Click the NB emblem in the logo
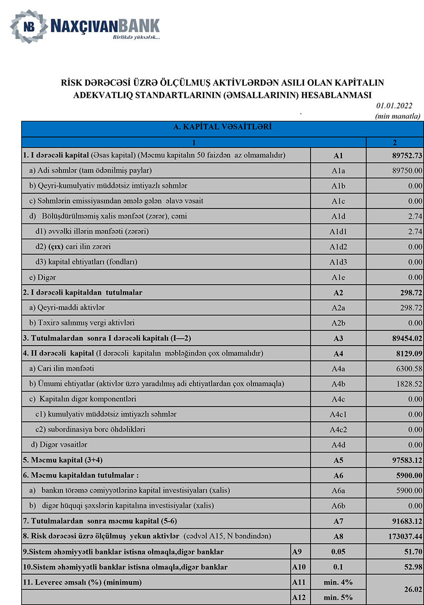[28, 26]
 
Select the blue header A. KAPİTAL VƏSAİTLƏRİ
[223, 128]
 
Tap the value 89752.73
[404, 156]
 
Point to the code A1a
[338, 171]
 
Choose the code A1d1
[338, 232]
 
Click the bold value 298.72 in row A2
[408, 292]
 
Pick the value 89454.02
[404, 338]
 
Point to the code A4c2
[338, 430]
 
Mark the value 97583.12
[404, 460]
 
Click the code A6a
[338, 491]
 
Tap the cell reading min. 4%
[338, 583]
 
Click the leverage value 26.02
[411, 590]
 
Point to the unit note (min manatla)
[397, 116]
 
